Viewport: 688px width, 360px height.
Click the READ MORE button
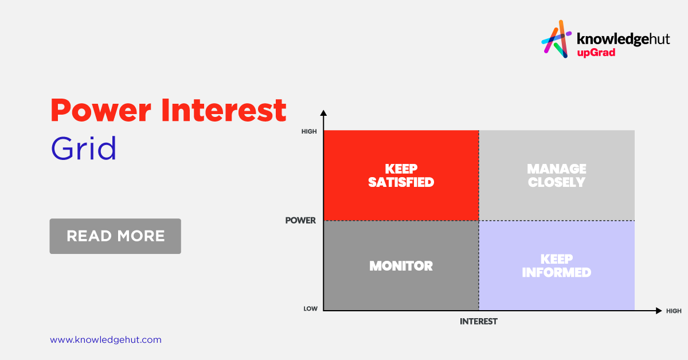pos(115,236)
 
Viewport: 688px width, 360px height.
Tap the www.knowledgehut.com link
pos(105,340)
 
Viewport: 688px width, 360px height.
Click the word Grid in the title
pos(84,148)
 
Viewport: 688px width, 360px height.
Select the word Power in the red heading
pos(101,111)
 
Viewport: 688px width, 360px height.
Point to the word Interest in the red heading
pos(224,111)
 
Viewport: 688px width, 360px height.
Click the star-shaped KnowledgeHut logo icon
pos(556,39)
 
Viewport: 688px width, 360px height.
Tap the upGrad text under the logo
pos(596,53)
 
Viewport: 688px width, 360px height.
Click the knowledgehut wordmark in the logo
pos(623,40)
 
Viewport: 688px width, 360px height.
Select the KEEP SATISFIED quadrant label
pos(401,175)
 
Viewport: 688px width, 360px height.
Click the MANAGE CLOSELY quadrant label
pos(557,175)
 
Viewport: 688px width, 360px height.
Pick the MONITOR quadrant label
pos(401,265)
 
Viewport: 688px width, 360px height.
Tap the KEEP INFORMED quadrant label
pos(557,265)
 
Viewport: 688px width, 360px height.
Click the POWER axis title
pos(300,220)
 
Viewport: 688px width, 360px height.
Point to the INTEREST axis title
pos(479,321)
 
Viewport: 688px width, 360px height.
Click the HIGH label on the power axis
pos(309,131)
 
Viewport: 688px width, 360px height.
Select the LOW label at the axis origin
pos(311,309)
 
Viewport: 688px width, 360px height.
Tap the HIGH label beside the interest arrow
pos(674,311)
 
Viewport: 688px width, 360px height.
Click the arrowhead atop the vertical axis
pos(323,113)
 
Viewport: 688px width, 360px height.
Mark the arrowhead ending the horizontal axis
pos(659,311)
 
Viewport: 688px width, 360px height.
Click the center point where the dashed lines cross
pos(479,221)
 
